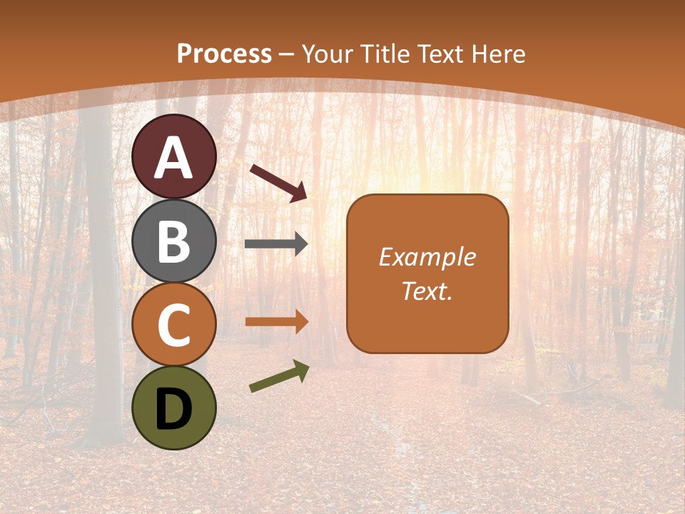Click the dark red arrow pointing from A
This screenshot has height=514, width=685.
[278, 182]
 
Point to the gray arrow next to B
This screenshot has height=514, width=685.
[276, 244]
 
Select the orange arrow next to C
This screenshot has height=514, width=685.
[276, 322]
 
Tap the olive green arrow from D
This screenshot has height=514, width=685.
[279, 376]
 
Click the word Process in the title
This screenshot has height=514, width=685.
[224, 54]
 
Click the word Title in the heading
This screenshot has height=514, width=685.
[387, 54]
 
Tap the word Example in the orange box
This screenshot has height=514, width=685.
[427, 257]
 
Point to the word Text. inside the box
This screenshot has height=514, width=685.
[427, 291]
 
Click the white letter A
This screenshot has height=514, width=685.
[174, 158]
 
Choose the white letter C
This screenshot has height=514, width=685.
[174, 325]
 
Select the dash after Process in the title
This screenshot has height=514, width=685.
[286, 54]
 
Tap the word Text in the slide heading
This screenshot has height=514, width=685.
[438, 54]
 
